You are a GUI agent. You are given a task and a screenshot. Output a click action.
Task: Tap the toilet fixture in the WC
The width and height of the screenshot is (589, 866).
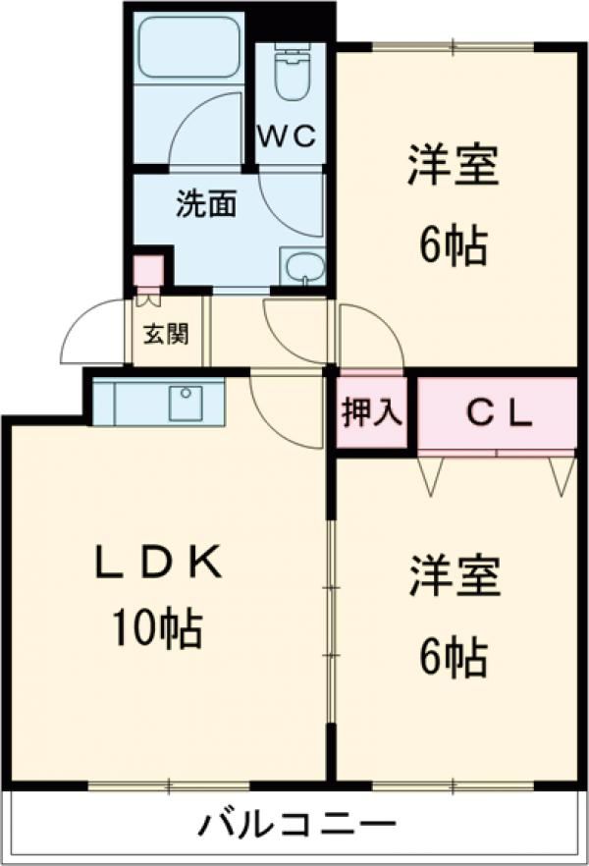(292, 74)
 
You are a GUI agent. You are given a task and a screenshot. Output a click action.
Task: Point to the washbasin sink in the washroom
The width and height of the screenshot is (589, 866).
(303, 265)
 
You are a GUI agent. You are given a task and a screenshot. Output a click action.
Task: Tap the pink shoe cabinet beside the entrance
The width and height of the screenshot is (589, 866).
(148, 270)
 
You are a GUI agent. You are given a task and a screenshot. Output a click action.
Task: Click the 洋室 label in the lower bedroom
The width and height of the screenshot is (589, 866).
(455, 578)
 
